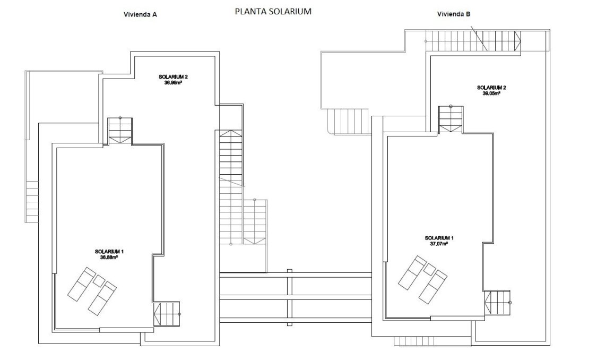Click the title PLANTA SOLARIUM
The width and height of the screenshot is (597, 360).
coord(273,11)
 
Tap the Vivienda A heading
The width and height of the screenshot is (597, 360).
coord(140,15)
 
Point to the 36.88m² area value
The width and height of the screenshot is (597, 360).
coord(109,257)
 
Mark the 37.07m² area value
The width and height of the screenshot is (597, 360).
coord(439,244)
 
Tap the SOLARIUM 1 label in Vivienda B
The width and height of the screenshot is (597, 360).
coord(439,238)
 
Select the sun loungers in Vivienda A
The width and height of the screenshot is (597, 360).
coord(92,290)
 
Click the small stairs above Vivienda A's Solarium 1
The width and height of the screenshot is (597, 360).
coord(120,131)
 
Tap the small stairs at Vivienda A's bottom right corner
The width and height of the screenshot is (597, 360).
coord(166,314)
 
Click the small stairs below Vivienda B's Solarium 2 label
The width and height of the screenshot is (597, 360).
coord(451,119)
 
